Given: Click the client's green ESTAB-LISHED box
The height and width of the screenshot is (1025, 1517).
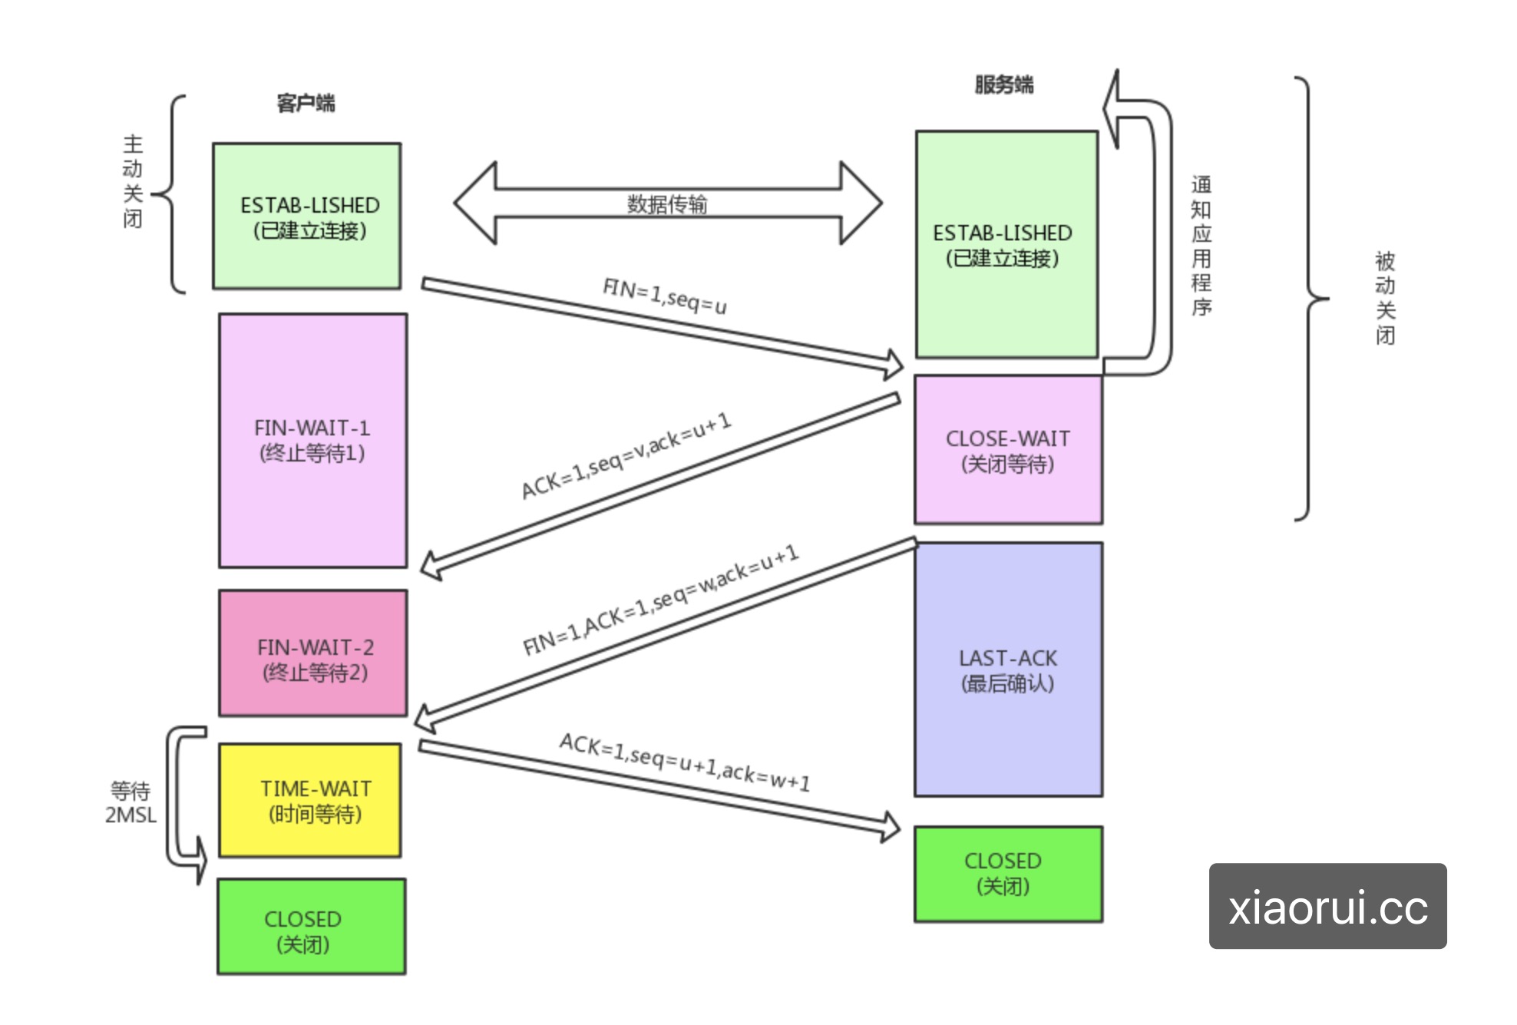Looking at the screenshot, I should pos(306,217).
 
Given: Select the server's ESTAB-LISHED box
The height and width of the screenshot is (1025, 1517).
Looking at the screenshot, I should pos(1006,244).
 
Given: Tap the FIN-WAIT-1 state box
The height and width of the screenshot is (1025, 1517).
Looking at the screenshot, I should pos(312,440).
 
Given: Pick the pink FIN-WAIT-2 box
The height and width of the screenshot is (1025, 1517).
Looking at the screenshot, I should pos(312,653).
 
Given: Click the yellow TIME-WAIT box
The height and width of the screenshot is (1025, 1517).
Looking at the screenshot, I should pos(310,800).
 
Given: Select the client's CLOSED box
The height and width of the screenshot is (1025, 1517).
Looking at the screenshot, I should pos(311,927).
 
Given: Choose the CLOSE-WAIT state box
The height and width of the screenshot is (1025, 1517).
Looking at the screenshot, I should pos(1008,451).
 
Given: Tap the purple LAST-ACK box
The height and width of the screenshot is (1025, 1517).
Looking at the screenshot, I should pos(1008,670).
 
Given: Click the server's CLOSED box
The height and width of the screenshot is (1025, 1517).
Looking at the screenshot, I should pos(1008,874).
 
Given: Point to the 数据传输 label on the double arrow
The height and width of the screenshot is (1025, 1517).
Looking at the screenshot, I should pos(666,204).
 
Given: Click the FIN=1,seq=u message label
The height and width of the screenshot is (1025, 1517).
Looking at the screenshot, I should pos(664,296).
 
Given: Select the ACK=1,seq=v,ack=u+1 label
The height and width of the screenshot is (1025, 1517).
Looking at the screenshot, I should pos(626,456).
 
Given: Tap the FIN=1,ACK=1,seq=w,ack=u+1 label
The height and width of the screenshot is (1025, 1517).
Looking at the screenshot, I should pos(660,600).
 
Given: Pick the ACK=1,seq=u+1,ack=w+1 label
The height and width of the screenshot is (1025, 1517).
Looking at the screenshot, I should pos(684,762).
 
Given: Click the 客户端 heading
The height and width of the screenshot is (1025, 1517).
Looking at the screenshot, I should pos(306,103).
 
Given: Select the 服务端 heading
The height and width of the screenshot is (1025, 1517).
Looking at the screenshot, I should pos(1003,84).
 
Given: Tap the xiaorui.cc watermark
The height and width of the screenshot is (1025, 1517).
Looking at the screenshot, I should pos(1327,907).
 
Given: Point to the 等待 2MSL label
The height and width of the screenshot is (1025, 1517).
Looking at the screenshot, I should pos(131,802).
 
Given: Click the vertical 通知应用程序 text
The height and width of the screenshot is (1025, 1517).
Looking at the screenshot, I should pos(1201,246).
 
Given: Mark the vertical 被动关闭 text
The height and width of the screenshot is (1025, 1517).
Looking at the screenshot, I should pos(1384,299).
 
